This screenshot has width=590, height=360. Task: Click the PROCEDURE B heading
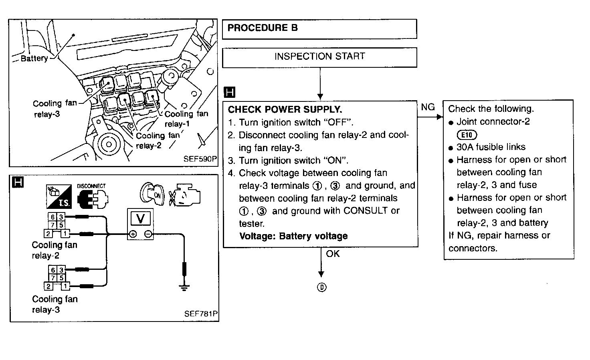[x=263, y=28]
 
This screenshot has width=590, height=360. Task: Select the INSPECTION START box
[x=319, y=57]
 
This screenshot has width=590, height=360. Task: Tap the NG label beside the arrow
[x=428, y=107]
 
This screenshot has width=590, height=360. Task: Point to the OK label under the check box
[x=333, y=254]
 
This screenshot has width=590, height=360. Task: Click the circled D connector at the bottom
[x=321, y=287]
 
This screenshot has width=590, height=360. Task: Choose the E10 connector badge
[x=467, y=135]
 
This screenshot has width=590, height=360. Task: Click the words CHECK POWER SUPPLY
[x=285, y=109]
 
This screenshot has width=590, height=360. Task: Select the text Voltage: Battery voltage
[x=293, y=236]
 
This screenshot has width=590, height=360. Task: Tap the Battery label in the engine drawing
[x=34, y=59]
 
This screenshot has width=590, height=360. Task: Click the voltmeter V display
[x=140, y=219]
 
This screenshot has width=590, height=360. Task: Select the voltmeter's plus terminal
[x=133, y=235]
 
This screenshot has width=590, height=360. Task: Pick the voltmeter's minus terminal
[x=148, y=235]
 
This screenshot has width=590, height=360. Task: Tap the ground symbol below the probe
[x=184, y=287]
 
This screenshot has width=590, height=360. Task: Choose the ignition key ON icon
[x=152, y=194]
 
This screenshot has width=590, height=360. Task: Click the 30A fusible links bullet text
[x=491, y=147]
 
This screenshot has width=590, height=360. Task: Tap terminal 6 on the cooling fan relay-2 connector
[x=53, y=217]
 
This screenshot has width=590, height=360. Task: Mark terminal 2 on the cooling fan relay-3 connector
[x=48, y=286]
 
